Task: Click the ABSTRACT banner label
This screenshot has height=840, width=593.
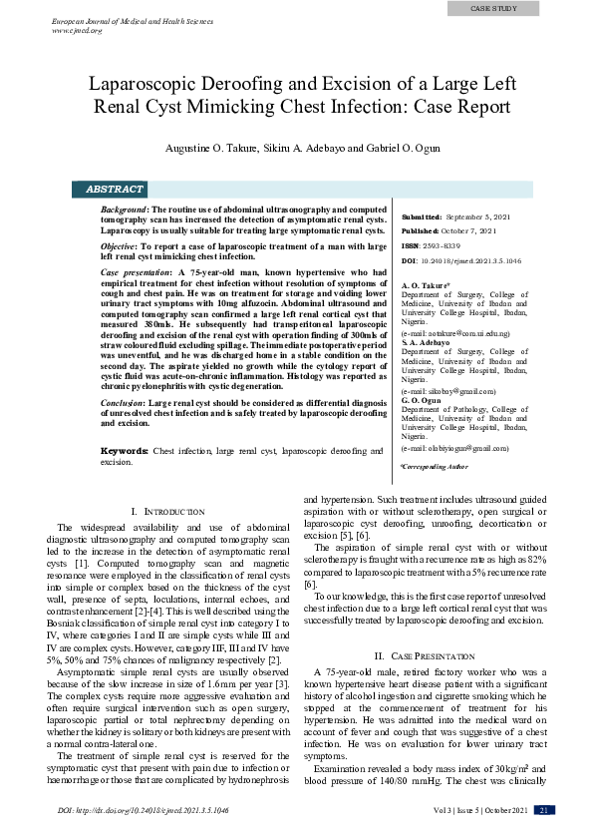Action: pos(115,189)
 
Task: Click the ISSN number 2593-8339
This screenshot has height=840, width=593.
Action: pos(441,245)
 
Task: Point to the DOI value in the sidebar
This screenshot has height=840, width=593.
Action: pos(470,260)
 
